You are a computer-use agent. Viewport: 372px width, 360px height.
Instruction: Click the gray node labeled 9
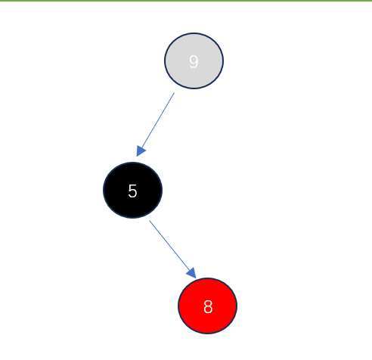click(194, 61)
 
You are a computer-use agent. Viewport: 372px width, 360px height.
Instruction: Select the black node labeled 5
click(132, 190)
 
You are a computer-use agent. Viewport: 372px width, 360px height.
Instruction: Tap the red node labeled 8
click(207, 306)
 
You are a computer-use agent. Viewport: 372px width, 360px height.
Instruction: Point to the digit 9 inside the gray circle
click(194, 62)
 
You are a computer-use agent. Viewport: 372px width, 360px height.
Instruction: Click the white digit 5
click(132, 191)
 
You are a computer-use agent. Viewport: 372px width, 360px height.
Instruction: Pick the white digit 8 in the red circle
click(208, 307)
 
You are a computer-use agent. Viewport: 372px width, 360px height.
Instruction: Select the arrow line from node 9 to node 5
click(155, 125)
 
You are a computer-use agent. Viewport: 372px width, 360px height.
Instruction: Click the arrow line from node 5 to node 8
click(172, 250)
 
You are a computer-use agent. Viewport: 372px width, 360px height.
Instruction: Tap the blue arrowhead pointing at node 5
click(141, 151)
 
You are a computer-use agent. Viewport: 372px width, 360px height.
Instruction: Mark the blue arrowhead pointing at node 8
click(192, 273)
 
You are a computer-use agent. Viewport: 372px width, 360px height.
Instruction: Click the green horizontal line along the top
click(186, 1)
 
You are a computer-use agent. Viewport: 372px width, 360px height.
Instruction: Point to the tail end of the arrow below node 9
click(174, 93)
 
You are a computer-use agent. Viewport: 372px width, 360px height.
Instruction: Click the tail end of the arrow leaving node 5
click(150, 221)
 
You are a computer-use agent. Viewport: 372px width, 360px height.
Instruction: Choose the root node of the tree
click(194, 61)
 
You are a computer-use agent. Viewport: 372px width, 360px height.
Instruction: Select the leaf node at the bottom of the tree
click(207, 306)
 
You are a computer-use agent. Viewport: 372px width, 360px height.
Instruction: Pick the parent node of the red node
click(132, 190)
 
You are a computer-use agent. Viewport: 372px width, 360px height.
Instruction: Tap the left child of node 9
click(132, 190)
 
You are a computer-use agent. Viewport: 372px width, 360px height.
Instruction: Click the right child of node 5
click(207, 306)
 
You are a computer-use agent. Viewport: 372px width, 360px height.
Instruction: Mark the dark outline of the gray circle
click(165, 61)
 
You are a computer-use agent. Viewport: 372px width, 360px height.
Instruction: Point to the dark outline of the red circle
click(178, 306)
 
